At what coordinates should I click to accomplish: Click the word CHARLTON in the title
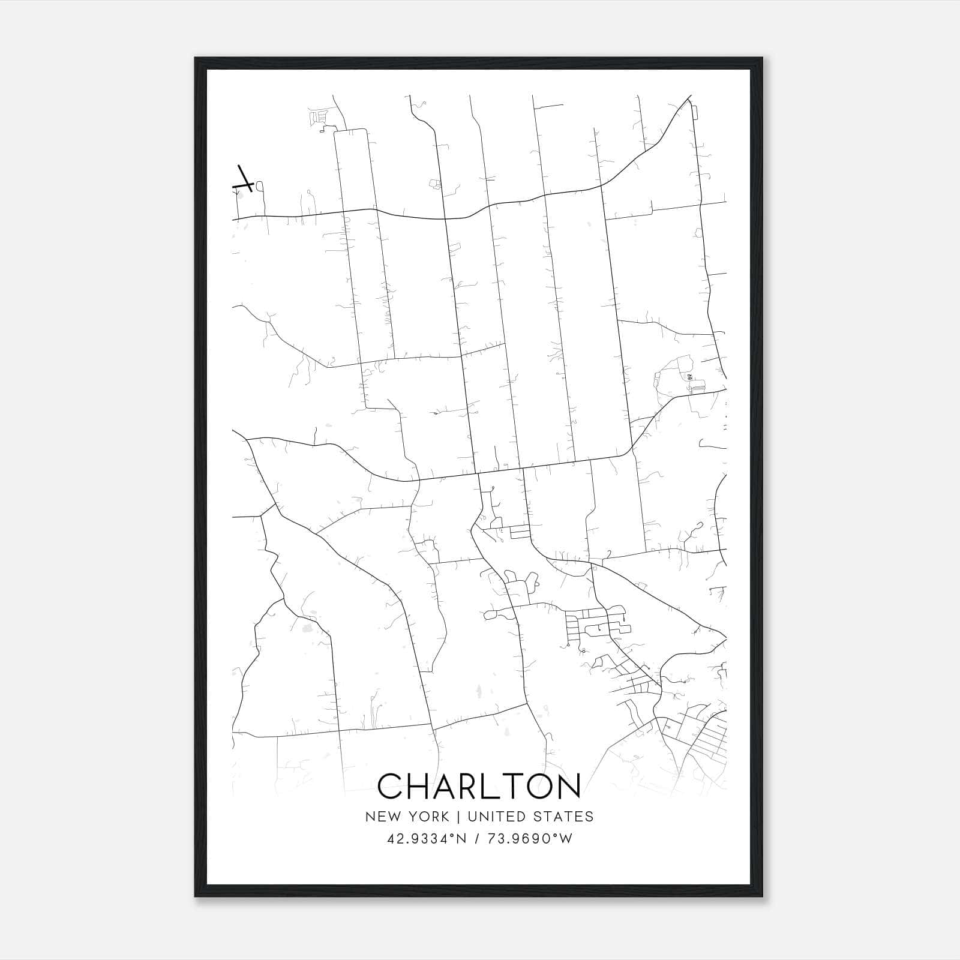(x=479, y=785)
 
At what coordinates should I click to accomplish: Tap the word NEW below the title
(x=382, y=817)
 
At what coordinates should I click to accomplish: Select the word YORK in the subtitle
(x=428, y=817)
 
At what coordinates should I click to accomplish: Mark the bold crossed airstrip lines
(x=244, y=179)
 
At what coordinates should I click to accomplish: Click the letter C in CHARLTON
(x=391, y=785)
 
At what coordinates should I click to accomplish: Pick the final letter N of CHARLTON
(x=568, y=785)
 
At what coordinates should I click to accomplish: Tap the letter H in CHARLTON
(x=420, y=785)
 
